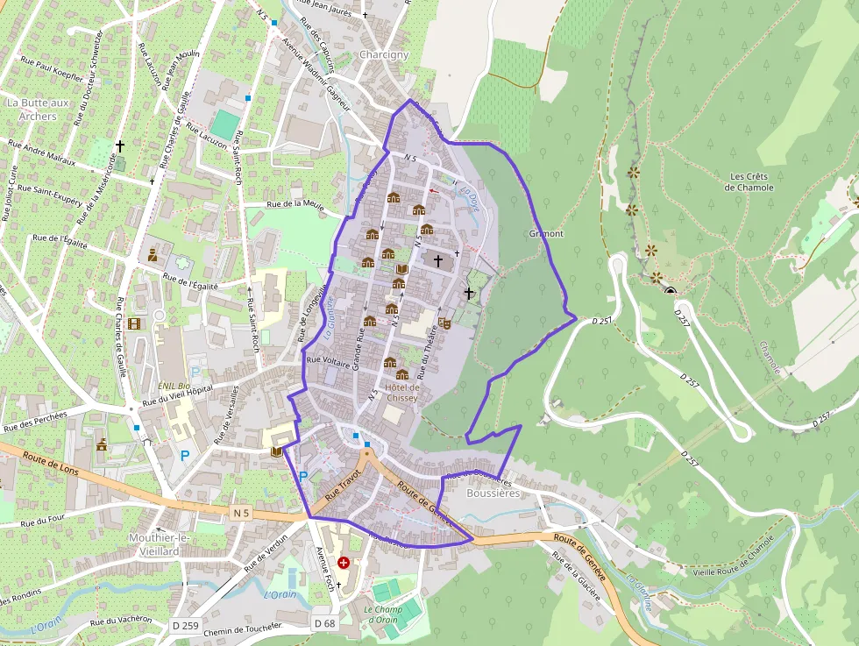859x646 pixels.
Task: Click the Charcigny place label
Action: [384, 54]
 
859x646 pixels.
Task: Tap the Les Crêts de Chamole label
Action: [751, 181]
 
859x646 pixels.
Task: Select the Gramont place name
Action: [546, 234]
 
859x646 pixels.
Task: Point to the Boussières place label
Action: [493, 493]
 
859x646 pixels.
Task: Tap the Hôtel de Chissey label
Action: [402, 392]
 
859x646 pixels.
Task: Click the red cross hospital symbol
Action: [343, 562]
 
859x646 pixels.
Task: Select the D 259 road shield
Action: [186, 625]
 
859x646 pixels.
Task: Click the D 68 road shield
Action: [324, 623]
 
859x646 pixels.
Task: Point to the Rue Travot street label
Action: [343, 484]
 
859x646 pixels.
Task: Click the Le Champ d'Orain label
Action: [381, 614]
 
